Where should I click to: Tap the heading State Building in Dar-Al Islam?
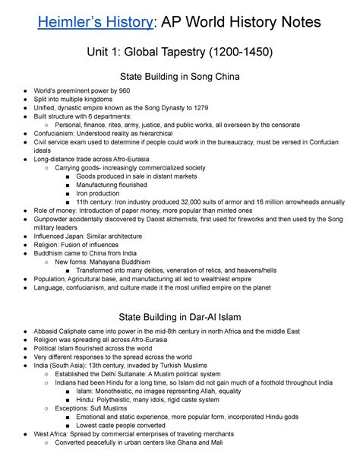point(180,315)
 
